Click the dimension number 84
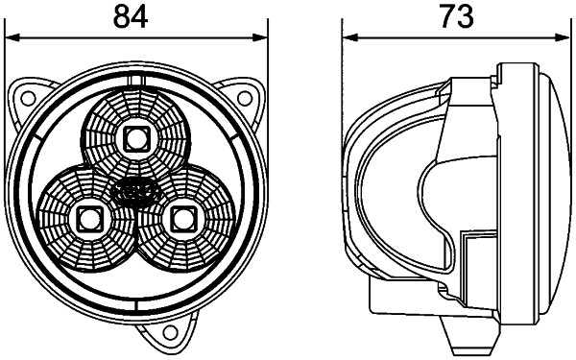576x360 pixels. (132, 16)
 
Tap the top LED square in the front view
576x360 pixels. (135, 138)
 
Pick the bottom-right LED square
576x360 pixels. (180, 218)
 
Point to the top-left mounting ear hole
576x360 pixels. (26, 96)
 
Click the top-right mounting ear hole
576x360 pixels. (245, 96)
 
